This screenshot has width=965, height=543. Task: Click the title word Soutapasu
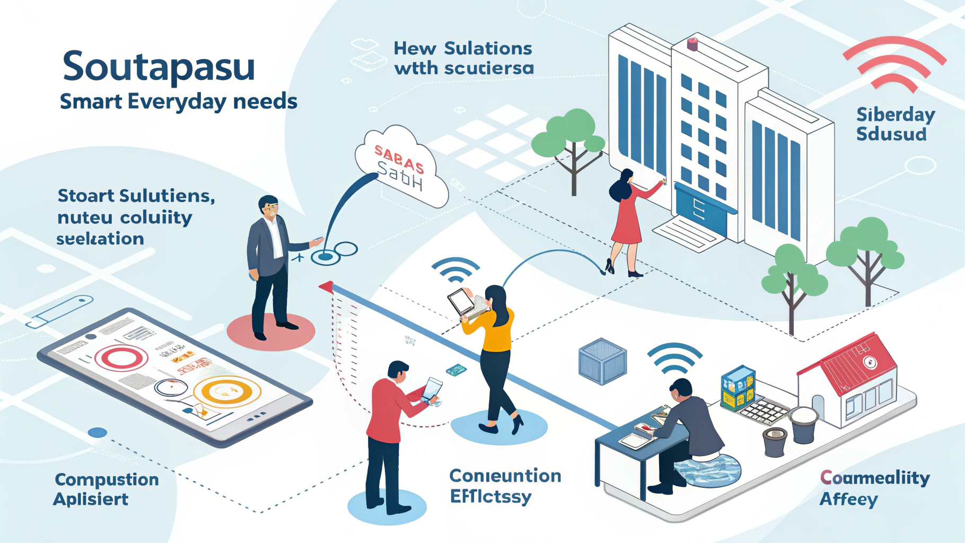[159, 67]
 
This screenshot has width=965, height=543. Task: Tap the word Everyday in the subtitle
[178, 101]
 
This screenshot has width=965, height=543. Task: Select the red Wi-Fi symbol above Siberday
[894, 64]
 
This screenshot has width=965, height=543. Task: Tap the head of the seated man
[680, 390]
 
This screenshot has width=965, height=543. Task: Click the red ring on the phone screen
[121, 357]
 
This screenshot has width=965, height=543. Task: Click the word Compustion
[107, 479]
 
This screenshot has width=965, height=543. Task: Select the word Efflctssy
[490, 497]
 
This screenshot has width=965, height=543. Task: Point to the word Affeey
[848, 500]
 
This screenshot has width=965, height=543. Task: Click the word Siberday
[896, 115]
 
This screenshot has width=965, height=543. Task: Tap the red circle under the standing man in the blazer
[270, 331]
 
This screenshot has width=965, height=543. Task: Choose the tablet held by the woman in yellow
[460, 302]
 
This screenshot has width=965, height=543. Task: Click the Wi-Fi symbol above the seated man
[674, 357]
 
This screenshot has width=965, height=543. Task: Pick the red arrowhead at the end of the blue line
[326, 287]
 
